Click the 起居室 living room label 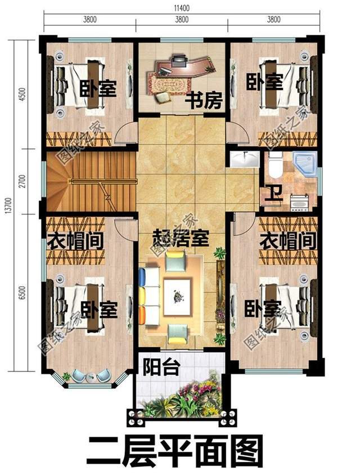181,239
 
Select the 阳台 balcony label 161,369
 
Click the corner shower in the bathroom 304,163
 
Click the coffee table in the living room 178,294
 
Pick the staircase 90,181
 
